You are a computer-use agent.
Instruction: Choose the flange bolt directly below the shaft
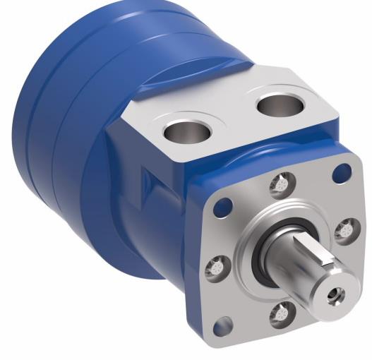pos(282,311)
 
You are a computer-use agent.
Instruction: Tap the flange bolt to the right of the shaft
pos(344,230)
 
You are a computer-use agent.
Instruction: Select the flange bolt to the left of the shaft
pos(215,268)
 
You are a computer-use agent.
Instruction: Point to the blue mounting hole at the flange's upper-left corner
pos(223,206)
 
